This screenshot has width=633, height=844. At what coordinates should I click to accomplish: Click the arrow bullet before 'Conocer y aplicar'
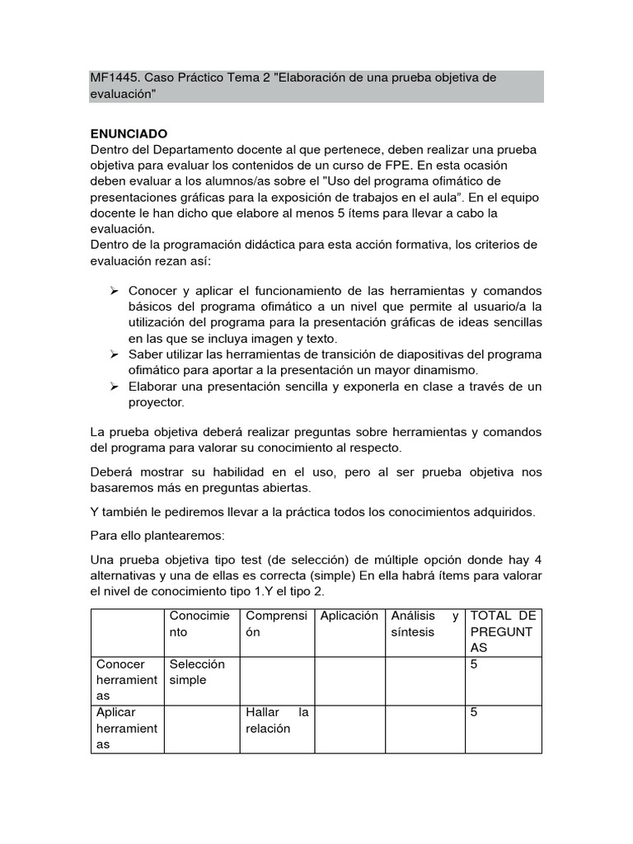tap(115, 292)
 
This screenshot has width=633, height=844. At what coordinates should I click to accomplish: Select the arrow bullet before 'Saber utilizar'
tap(115, 354)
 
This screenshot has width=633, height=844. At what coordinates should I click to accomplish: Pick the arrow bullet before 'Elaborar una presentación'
tap(115, 387)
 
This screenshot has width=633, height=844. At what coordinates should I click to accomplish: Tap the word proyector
tap(157, 402)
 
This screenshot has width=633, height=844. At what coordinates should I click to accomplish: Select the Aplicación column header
tap(349, 616)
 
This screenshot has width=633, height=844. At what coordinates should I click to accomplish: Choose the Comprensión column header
tap(276, 623)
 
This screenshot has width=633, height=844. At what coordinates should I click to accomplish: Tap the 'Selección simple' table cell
tap(197, 672)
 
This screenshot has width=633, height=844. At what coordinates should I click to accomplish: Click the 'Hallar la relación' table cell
tap(276, 720)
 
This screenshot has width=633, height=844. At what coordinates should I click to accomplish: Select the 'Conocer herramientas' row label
tap(126, 680)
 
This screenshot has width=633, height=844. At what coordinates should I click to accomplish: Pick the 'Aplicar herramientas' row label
tap(126, 728)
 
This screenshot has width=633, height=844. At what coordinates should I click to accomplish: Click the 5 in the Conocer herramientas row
tap(474, 664)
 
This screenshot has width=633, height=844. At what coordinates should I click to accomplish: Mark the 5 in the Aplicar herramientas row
tap(474, 712)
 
